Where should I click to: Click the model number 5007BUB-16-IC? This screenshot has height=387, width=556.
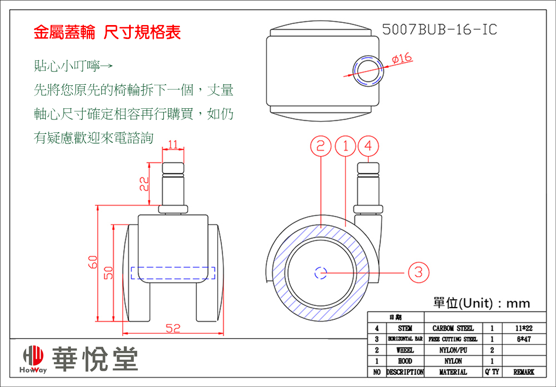coord(439,30)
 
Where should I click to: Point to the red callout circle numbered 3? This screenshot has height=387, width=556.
coord(419,272)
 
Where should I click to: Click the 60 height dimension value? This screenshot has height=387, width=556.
coord(93,263)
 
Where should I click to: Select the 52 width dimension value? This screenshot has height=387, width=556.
coord(172,329)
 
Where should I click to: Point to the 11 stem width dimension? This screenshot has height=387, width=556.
coord(172,145)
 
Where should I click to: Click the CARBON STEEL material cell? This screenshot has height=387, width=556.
coord(453,328)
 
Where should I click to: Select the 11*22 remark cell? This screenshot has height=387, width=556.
coord(523,328)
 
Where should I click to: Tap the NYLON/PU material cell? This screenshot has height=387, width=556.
coord(453,350)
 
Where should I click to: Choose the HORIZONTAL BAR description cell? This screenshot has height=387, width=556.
coord(405,339)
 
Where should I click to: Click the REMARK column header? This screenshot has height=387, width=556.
coord(523,372)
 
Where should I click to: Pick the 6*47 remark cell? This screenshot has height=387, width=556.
coord(523,339)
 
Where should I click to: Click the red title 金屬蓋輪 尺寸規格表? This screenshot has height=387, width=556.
coord(107,33)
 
